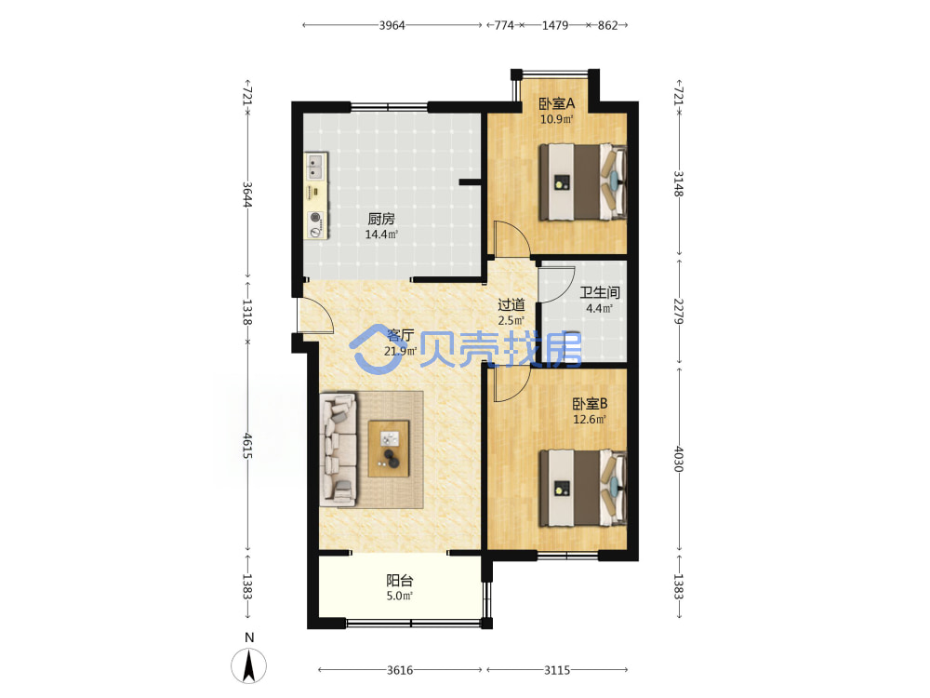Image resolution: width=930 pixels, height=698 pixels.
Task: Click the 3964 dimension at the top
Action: [392, 25]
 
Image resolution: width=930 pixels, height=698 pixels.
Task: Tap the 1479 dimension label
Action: [555, 25]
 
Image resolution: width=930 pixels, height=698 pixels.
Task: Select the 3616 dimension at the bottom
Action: [400, 670]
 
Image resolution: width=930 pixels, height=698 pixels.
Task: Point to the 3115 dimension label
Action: [557, 670]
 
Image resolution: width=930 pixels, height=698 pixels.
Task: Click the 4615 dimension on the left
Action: [247, 446]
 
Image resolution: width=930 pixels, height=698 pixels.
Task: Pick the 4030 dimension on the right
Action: [679, 459]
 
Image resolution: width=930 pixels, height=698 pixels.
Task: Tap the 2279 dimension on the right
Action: [679, 311]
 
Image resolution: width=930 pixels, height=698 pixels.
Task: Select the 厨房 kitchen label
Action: [381, 219]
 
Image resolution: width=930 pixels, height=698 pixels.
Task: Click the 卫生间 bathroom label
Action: [600, 292]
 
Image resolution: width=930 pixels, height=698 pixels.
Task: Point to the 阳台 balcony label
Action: [400, 581]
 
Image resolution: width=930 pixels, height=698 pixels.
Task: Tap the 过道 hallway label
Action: [511, 305]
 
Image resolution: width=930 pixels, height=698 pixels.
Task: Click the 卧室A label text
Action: [556, 104]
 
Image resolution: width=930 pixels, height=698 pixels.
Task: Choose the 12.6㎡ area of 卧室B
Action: [590, 420]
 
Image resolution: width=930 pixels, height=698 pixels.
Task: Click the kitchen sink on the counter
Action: [315, 167]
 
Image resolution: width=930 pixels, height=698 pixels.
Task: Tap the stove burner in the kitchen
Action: [316, 217]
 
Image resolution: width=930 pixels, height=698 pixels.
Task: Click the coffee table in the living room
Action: [389, 449]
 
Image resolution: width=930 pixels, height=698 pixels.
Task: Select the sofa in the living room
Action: [339, 450]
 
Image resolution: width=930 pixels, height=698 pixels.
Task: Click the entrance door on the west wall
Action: [315, 315]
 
